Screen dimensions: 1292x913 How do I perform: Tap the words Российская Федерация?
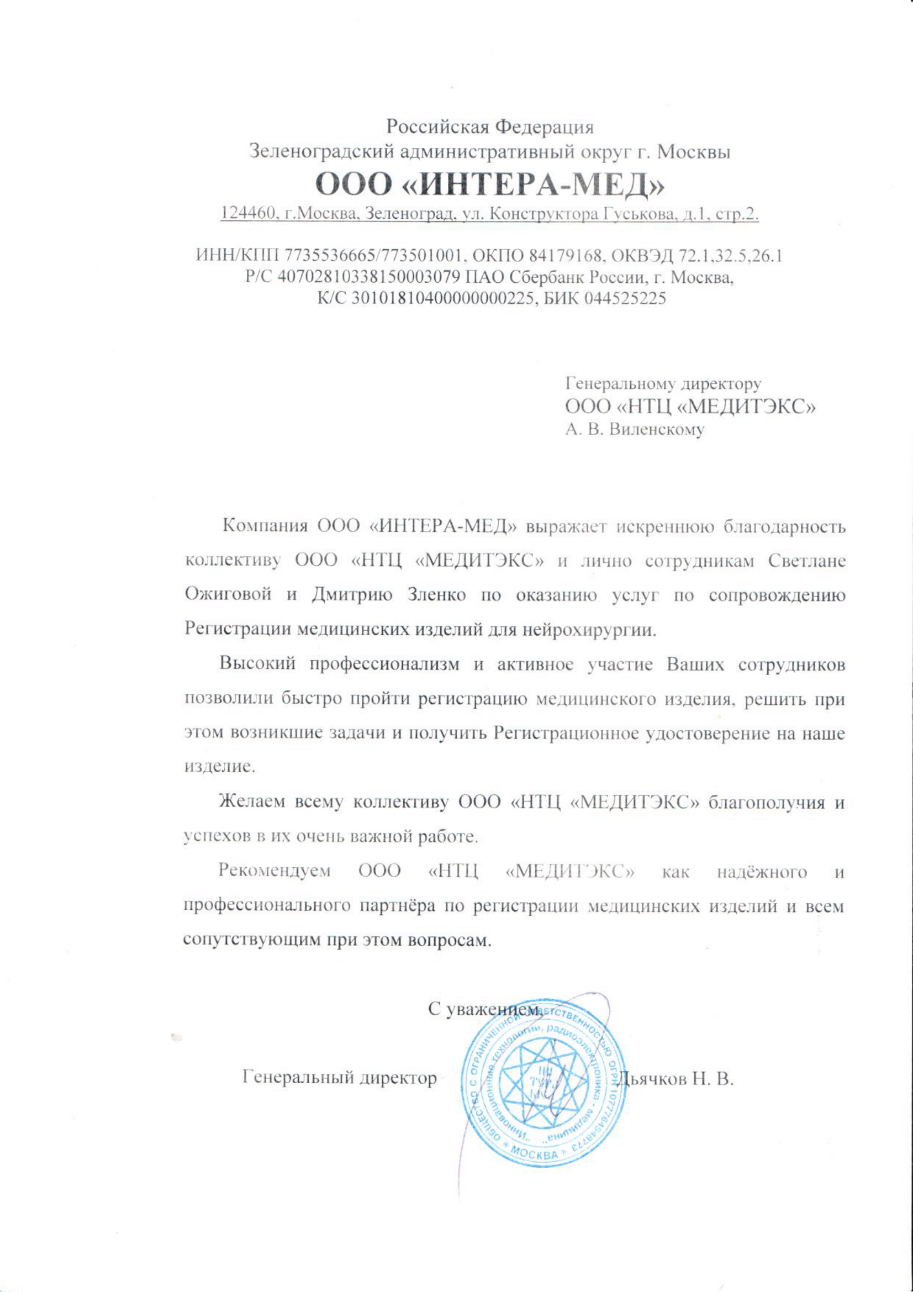pyautogui.click(x=489, y=126)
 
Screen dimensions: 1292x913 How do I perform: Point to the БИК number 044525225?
pyautogui.click(x=625, y=298)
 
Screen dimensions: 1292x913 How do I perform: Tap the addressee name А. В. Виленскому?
pyautogui.click(x=635, y=430)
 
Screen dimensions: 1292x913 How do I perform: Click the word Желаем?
pyautogui.click(x=251, y=801)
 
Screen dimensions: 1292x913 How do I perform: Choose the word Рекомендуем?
pyautogui.click(x=274, y=871)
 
